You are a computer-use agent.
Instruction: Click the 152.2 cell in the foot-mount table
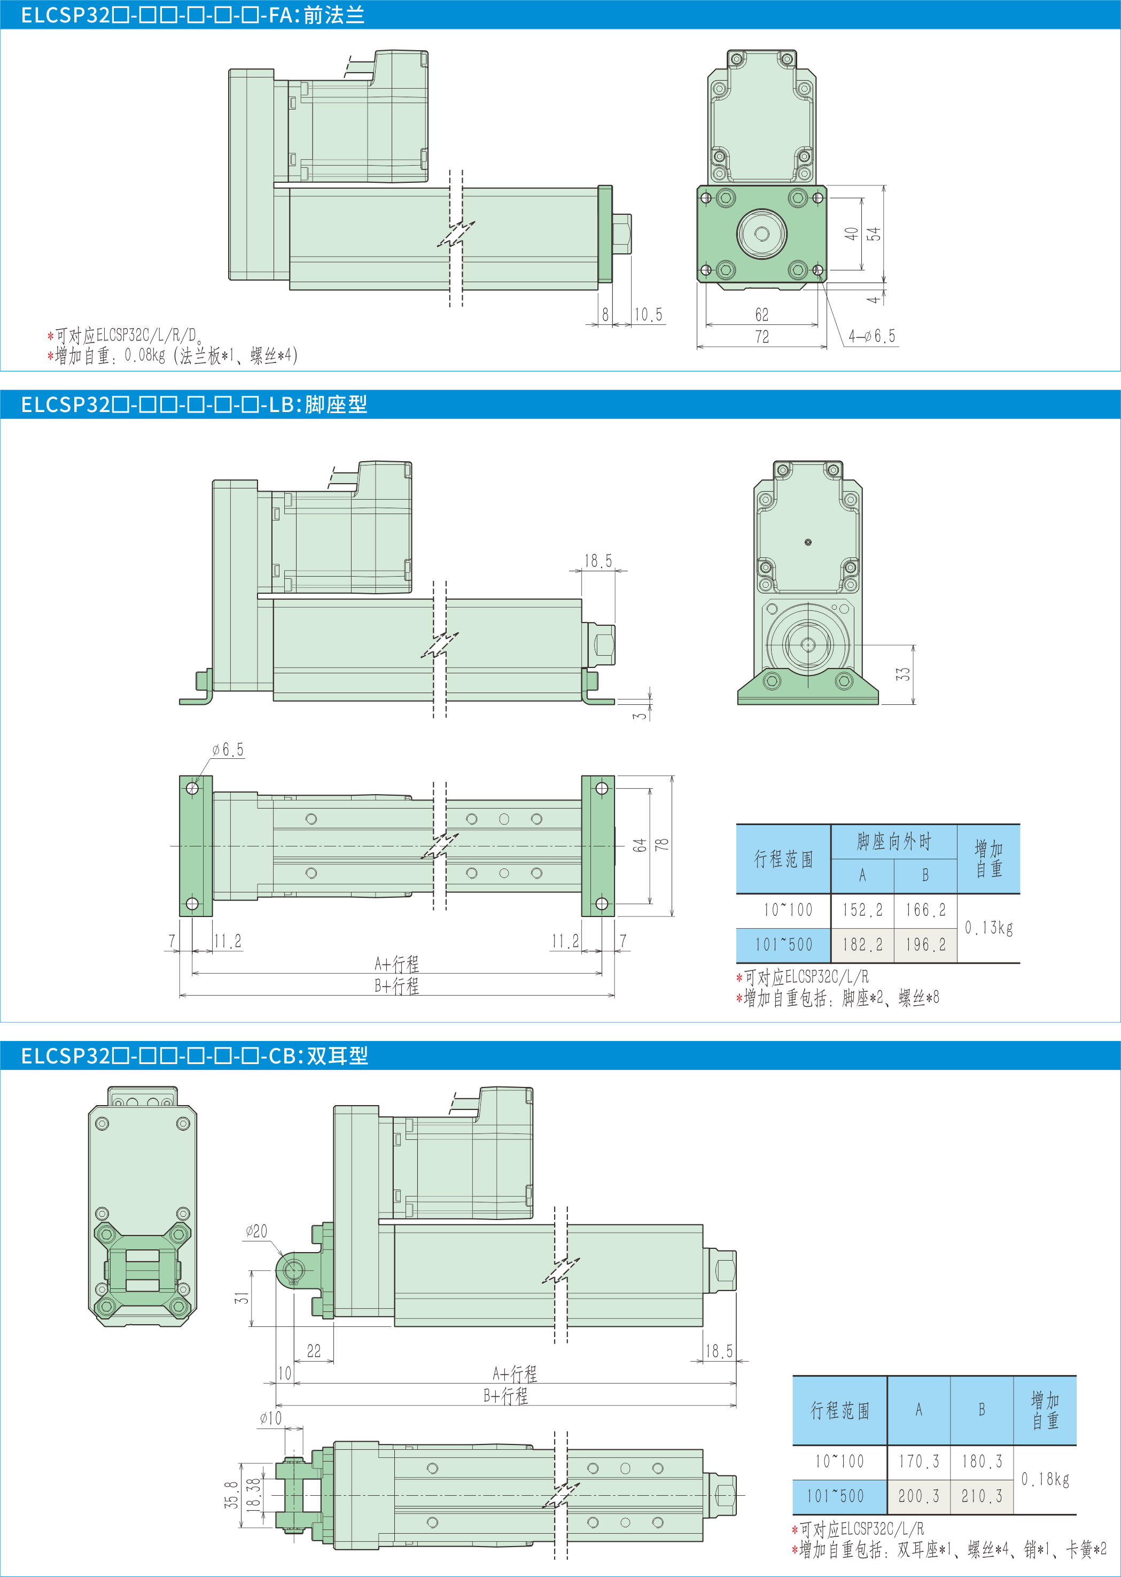(862, 910)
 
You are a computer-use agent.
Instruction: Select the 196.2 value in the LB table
(925, 944)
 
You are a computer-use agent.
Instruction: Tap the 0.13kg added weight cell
(988, 927)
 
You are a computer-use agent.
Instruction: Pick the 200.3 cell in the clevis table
(918, 1496)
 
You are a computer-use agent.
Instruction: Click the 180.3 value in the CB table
(982, 1461)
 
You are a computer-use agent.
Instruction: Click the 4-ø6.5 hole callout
(872, 336)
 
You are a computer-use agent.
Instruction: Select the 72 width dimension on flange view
(762, 337)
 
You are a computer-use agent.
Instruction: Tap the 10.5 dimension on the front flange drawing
(649, 315)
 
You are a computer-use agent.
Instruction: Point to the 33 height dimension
(904, 674)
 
